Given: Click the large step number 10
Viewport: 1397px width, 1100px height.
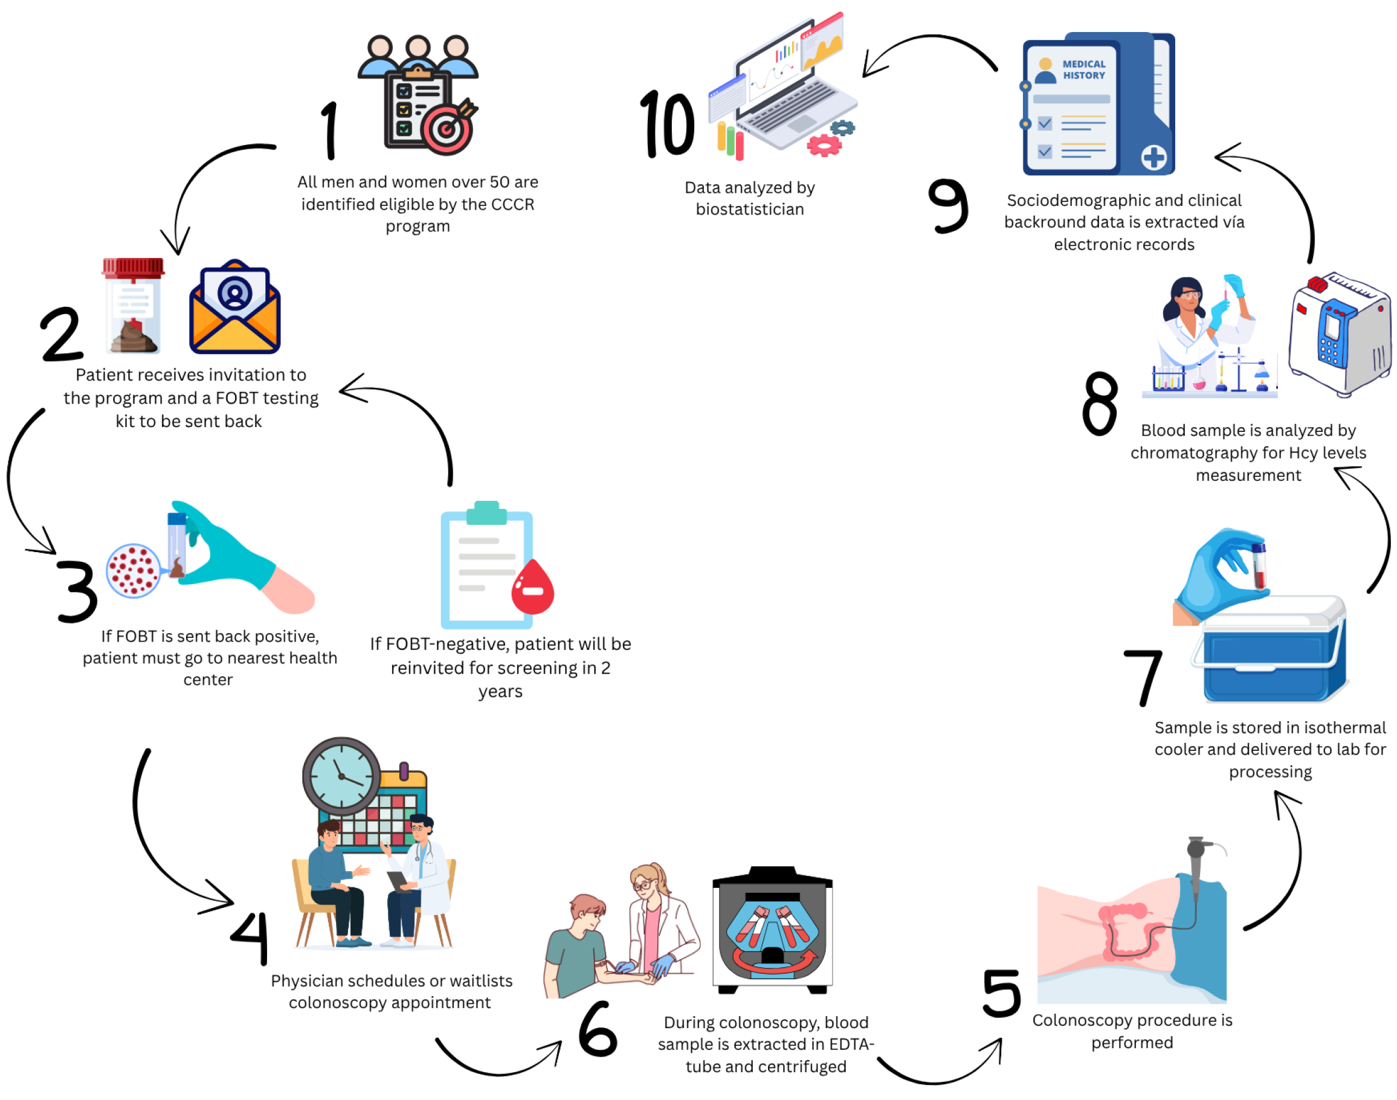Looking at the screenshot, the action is click(x=666, y=124).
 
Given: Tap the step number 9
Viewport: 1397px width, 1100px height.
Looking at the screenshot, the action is click(x=947, y=205).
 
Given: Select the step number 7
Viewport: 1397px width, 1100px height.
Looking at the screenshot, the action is click(x=1143, y=676).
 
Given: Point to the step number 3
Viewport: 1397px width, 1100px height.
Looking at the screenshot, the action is click(x=77, y=590).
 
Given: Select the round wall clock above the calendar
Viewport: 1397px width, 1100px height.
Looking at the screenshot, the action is click(x=341, y=776).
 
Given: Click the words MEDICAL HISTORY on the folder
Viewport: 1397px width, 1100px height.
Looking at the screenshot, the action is click(x=1083, y=69).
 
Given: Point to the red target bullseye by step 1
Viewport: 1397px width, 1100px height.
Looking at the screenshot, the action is click(x=447, y=129).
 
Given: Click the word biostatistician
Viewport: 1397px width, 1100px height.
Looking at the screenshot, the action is click(x=750, y=210).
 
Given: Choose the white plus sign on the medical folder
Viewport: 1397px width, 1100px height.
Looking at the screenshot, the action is click(x=1153, y=156).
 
